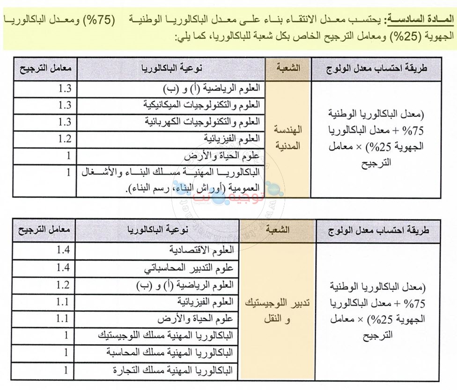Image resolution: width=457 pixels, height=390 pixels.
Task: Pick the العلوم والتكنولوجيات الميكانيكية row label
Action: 203,105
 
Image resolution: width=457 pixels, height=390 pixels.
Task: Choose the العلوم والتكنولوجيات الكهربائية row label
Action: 203,121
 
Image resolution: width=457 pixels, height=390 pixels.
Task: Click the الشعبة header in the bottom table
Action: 277,230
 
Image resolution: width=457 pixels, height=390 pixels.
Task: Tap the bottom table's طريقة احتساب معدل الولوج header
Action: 378,230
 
